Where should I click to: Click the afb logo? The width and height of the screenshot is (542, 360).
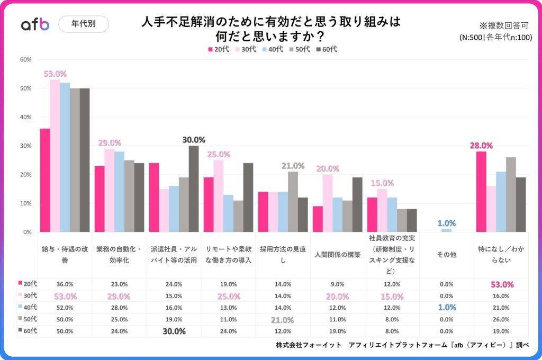35,24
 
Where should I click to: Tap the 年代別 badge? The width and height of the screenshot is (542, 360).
83,24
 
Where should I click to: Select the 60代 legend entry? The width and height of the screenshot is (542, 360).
327,49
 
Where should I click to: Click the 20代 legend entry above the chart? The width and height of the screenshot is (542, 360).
218,49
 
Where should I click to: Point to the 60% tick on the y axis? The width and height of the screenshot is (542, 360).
25,60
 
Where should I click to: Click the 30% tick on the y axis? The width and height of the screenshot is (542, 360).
25,146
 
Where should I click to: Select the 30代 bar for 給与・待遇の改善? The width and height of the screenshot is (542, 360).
55,156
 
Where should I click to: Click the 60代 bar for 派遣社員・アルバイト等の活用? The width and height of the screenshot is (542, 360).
194,188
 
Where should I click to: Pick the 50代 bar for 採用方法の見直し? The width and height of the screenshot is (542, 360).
293,202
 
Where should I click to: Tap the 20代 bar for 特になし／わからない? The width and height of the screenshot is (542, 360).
481,192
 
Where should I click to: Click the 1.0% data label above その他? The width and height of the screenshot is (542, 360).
446,223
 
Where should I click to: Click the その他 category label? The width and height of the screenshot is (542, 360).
446,255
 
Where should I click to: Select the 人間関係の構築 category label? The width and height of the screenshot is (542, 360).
338,255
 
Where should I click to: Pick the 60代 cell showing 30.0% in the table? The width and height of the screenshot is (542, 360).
174,331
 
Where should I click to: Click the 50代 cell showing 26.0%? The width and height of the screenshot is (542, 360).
500,319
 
